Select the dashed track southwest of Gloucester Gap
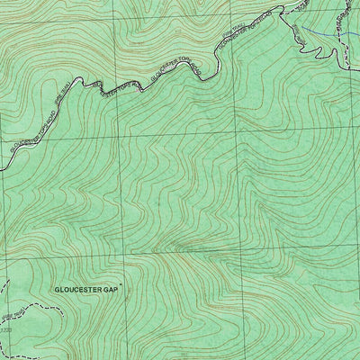(36, 306)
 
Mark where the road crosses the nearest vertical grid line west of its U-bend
(116, 94)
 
